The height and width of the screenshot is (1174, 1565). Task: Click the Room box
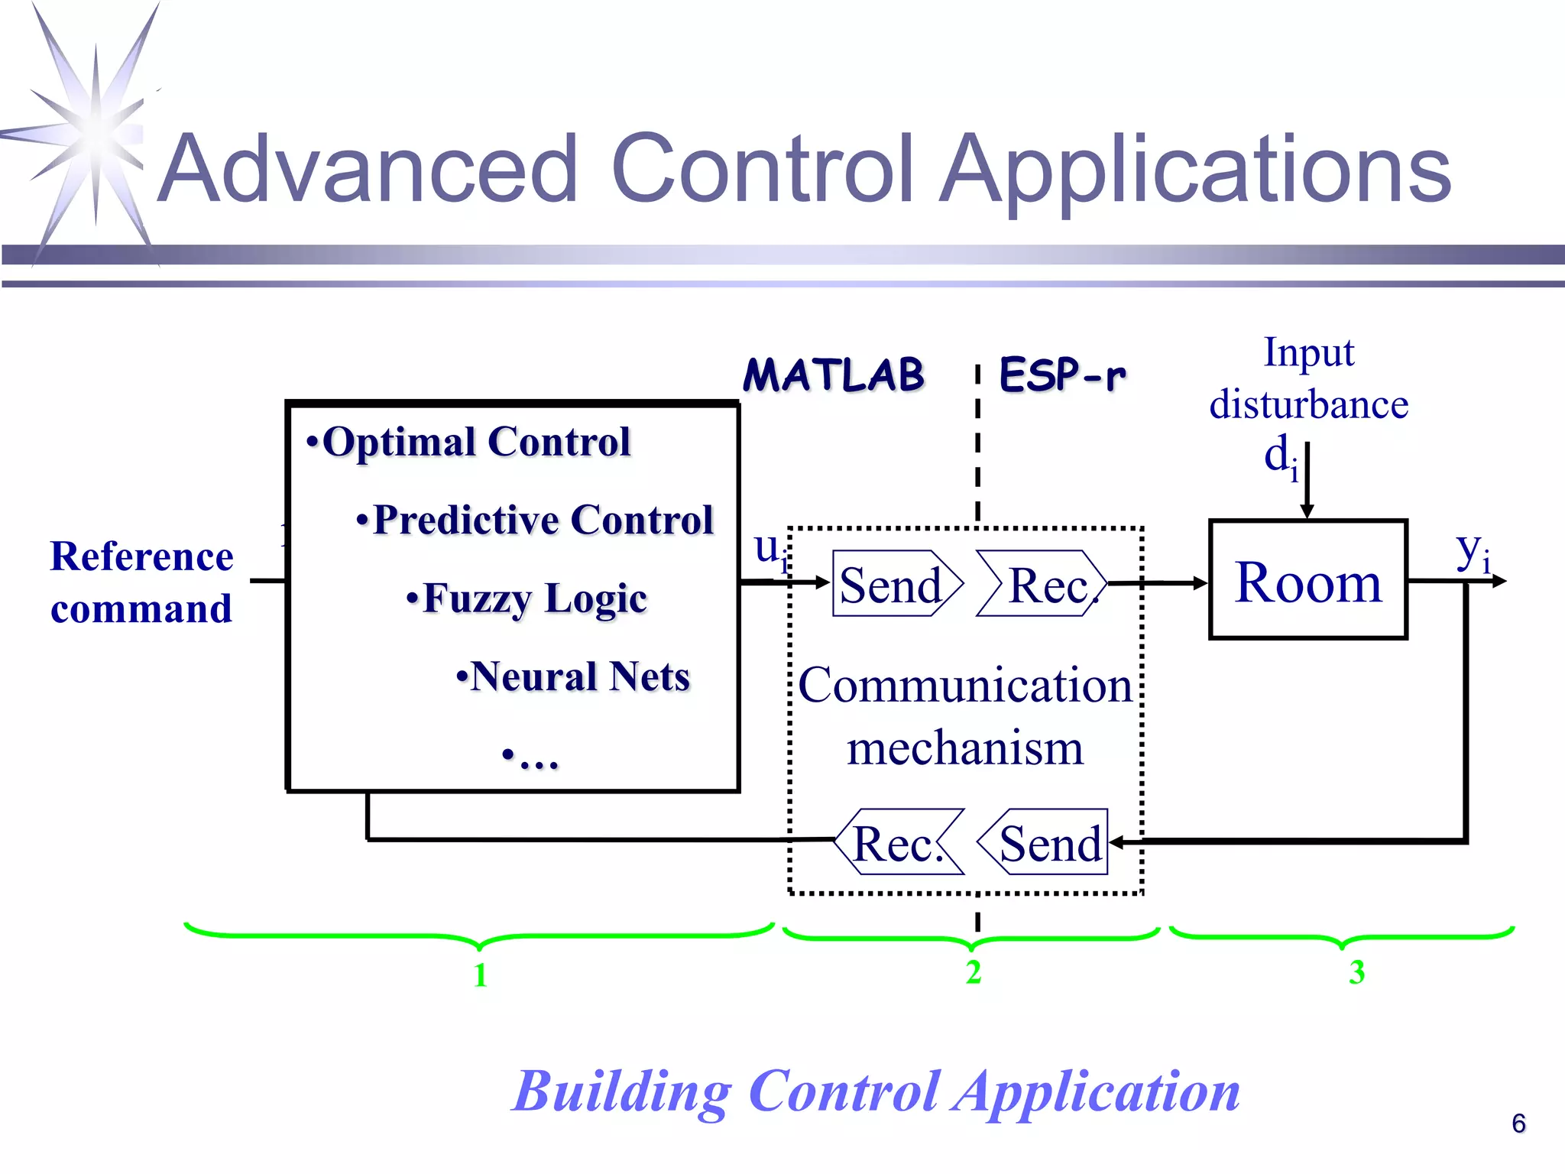(1307, 580)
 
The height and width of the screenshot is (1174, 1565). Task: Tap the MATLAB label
(834, 375)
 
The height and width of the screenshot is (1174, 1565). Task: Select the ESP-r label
(1062, 375)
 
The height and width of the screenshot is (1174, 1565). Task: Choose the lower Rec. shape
(899, 842)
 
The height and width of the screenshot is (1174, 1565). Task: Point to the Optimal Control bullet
(468, 442)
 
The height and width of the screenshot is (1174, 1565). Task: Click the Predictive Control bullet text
(535, 520)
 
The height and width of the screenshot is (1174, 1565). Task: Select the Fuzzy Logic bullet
(527, 598)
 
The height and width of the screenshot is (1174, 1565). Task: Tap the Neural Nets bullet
(573, 676)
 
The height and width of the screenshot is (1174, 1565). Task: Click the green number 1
(480, 975)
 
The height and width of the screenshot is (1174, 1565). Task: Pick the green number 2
(973, 972)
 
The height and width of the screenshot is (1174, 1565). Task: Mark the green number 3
(1356, 972)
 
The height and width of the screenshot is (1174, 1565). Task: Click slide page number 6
(1518, 1124)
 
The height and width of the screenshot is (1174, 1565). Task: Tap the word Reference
(142, 556)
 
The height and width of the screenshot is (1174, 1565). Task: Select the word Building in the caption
(623, 1091)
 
